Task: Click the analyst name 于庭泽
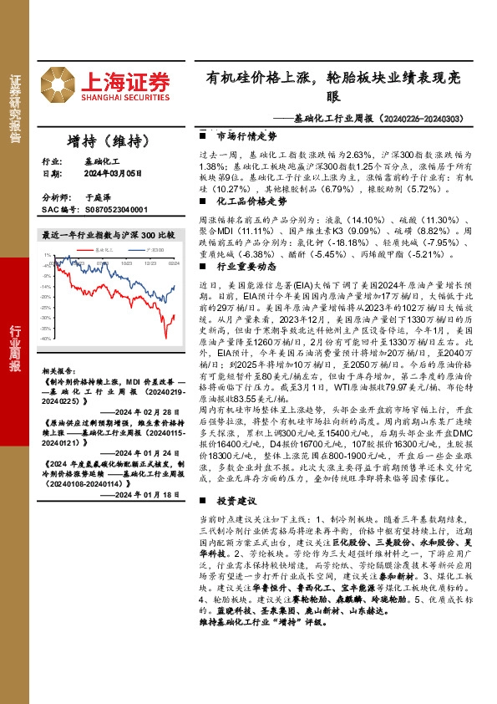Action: [x=98, y=198]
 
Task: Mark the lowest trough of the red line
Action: [x=165, y=337]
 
